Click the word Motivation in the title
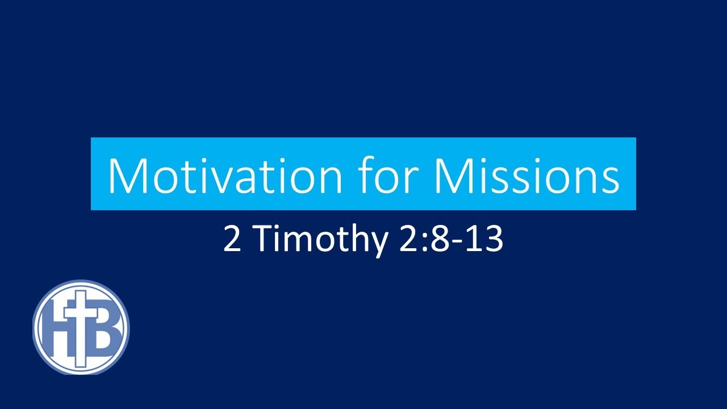click(224, 176)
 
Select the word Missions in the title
click(527, 176)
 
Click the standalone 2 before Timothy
click(232, 239)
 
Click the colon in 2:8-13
click(424, 243)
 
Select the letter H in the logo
click(58, 328)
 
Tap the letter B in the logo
click(105, 328)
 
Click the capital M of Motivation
click(128, 176)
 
